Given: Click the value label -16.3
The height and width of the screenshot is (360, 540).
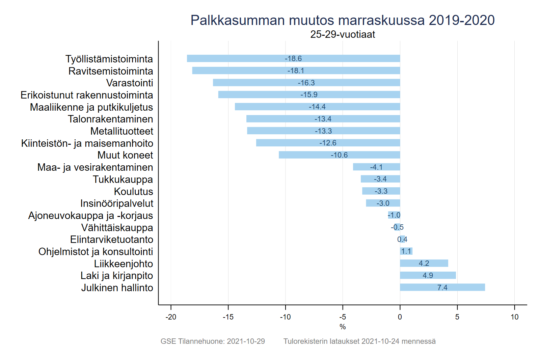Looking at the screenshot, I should [x=306, y=83].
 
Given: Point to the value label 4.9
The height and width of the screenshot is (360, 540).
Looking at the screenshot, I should [x=428, y=275].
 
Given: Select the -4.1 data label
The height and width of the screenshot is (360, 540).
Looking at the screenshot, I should [x=376, y=167].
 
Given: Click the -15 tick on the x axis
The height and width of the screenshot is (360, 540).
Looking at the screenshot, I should [x=228, y=317].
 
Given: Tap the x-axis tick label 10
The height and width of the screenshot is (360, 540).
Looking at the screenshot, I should [x=514, y=317].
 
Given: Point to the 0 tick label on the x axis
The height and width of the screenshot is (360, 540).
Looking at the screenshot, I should [x=400, y=317].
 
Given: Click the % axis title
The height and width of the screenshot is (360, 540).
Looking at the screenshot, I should [x=343, y=327].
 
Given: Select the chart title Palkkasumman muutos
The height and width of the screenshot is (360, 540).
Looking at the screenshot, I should [x=342, y=20].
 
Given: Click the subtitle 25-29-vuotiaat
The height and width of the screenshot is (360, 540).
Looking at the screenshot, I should [x=342, y=34].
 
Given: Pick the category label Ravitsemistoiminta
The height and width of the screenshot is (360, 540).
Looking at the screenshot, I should [x=111, y=71].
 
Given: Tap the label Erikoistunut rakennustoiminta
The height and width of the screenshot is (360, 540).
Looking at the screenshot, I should [x=87, y=95].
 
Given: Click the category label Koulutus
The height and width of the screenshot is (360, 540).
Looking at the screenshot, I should [x=133, y=191].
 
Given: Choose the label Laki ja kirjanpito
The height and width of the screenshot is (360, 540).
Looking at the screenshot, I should [x=116, y=276].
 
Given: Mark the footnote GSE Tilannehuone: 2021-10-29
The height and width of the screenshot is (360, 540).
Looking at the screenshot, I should [x=213, y=341].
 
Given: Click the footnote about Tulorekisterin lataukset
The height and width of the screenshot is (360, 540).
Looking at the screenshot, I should [x=359, y=341].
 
